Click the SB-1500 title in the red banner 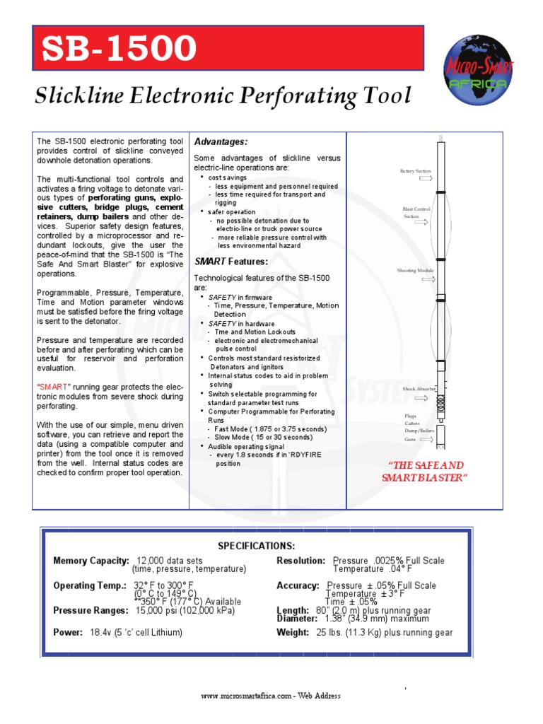pos(119,49)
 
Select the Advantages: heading pos(221,142)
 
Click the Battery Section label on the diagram pos(415,171)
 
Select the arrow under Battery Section pos(426,180)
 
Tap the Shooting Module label pos(416,271)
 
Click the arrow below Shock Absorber pos(426,397)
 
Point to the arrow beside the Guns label pos(426,439)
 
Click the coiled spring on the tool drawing pos(440,404)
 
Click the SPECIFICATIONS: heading pos(256,546)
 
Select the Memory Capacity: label pos(91,561)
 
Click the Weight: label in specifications pos(293,633)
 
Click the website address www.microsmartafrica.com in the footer pos(245,696)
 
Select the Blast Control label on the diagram pos(416,209)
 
